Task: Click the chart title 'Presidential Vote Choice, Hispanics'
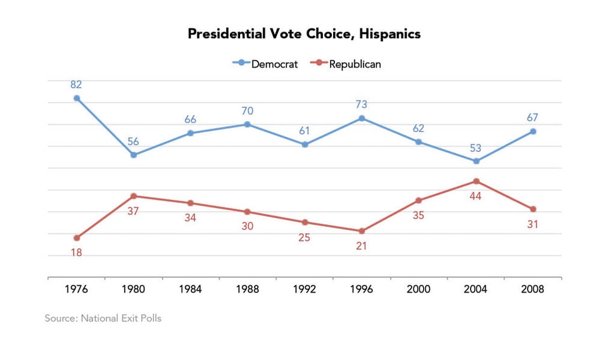(304, 34)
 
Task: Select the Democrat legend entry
(265, 63)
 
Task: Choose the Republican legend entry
(348, 63)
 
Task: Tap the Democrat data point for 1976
(77, 98)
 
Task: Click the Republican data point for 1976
(77, 238)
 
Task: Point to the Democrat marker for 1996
(362, 118)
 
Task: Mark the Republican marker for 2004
(476, 181)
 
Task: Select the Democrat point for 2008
(533, 131)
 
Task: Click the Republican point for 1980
(134, 196)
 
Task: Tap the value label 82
(77, 84)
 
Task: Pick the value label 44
(476, 196)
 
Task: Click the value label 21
(362, 246)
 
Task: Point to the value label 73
(362, 104)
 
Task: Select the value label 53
(476, 148)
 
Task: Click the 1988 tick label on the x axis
(248, 289)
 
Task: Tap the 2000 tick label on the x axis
(419, 289)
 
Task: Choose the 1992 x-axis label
(305, 289)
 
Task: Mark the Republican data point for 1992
(305, 222)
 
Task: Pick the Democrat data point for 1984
(191, 133)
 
